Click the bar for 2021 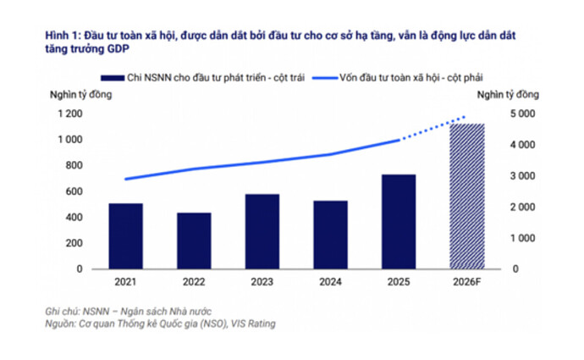tap(125, 236)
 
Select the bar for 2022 tap(194, 241)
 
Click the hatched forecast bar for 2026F tap(466, 197)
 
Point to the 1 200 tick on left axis tap(71, 114)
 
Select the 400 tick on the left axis tap(75, 218)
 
